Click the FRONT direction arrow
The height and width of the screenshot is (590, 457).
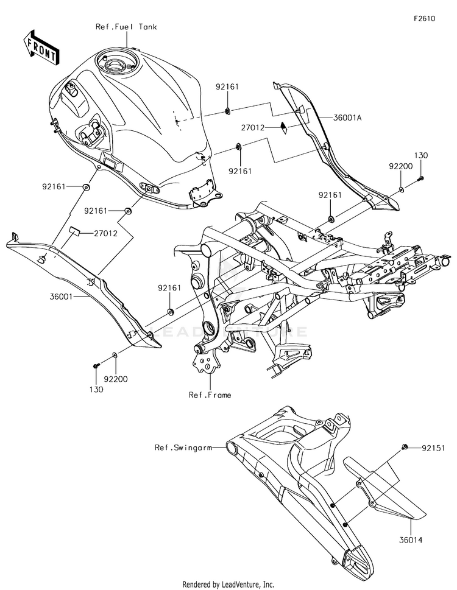[x=41, y=47]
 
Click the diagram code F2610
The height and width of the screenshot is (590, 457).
[x=425, y=18]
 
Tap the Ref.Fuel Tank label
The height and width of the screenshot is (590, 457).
[x=126, y=27]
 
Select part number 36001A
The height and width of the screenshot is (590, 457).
[x=347, y=118]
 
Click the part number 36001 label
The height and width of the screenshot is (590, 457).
[x=62, y=297]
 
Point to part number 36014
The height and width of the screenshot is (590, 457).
[x=411, y=540]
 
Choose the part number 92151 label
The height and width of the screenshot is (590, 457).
[x=433, y=448]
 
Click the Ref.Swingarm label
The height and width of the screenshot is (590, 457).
[x=183, y=448]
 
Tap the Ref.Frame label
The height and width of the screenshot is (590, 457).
[x=210, y=395]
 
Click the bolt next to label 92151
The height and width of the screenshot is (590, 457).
[x=405, y=447]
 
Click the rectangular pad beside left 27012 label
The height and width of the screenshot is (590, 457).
[x=74, y=231]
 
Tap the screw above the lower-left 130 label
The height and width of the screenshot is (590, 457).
[x=96, y=365]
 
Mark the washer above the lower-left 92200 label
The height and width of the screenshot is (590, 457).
[x=115, y=355]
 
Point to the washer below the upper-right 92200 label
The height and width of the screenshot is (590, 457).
[x=402, y=189]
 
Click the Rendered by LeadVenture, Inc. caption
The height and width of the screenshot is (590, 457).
[x=228, y=585]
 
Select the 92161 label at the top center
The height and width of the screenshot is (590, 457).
[x=227, y=86]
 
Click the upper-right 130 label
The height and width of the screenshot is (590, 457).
[x=421, y=155]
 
